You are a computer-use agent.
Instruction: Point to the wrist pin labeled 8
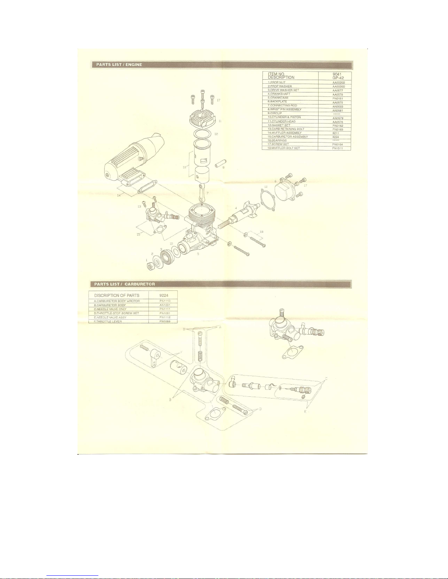pyautogui.click(x=221, y=163)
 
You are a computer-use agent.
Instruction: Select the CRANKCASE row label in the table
pyautogui.click(x=278, y=98)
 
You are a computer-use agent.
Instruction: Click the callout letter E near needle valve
pyautogui.click(x=306, y=411)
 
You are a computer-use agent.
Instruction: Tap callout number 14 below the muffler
pyautogui.click(x=118, y=195)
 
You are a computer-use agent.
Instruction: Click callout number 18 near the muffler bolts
pyautogui.click(x=261, y=232)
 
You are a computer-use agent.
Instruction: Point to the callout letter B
pyautogui.click(x=170, y=400)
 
